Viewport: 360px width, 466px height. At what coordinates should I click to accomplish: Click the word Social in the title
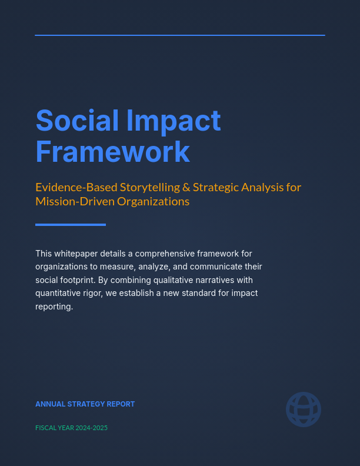(77, 121)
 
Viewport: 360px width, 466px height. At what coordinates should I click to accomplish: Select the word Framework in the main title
(113, 151)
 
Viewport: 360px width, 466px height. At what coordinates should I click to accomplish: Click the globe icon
(304, 410)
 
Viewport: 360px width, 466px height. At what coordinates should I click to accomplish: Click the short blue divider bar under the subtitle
(71, 224)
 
